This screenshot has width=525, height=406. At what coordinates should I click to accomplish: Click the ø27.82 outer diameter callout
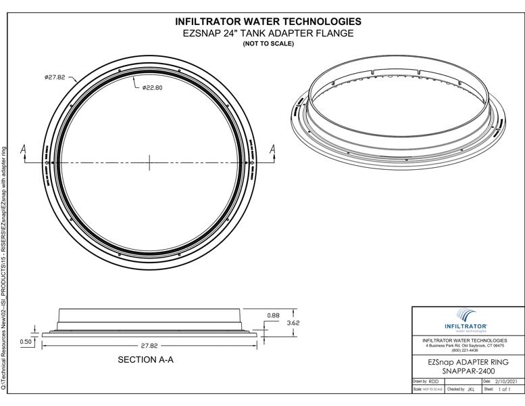coord(55,77)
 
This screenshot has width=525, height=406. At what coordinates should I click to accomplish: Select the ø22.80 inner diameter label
coord(153,87)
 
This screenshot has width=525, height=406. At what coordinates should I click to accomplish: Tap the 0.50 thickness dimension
coord(26,341)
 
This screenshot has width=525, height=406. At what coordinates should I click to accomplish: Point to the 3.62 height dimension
coord(293,323)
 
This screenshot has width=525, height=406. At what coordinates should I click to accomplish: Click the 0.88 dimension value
coord(273,315)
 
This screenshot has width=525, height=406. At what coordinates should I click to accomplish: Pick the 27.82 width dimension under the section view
coord(149,345)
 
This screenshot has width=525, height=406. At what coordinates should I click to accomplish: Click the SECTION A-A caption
coord(145,360)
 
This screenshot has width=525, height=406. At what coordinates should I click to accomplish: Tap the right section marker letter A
coord(274,150)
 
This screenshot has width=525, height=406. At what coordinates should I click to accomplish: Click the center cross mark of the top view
coord(149,162)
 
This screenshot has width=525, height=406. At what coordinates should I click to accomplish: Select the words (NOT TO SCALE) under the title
coord(268,44)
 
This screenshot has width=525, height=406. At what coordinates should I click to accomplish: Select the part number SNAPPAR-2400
coord(467,371)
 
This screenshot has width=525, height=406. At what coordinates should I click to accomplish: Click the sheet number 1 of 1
coord(506,390)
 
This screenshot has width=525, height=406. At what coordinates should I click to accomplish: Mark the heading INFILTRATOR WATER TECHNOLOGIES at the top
coord(268,22)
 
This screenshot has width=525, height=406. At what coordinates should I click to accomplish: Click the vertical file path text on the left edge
coord(5,264)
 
